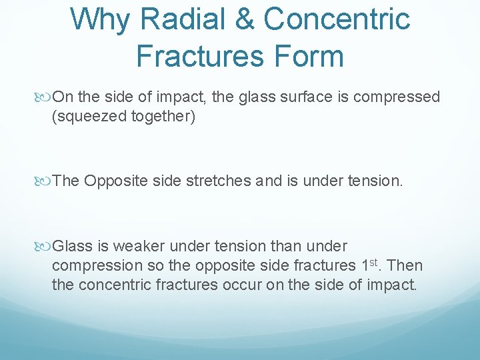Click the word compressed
click(x=397, y=97)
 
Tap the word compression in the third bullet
click(x=97, y=265)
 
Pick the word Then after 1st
click(x=405, y=265)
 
